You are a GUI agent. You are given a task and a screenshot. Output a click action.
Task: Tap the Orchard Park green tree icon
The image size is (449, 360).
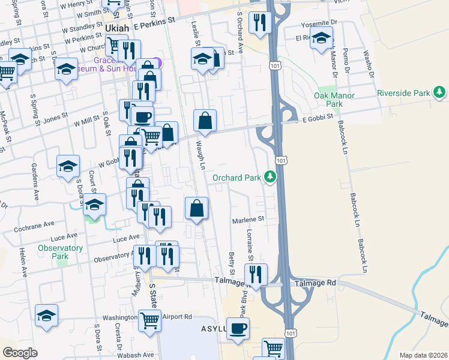271,177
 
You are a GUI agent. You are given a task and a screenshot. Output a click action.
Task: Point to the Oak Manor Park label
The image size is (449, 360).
335,100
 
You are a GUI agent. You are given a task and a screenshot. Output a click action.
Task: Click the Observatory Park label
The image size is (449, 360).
60,252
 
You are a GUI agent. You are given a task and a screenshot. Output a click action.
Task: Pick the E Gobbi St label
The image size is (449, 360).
300,120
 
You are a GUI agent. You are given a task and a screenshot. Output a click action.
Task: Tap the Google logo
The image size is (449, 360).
20,353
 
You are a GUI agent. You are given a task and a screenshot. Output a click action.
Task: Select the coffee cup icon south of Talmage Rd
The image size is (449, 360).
238,328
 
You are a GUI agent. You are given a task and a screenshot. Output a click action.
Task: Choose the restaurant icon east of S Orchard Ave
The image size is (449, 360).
261,23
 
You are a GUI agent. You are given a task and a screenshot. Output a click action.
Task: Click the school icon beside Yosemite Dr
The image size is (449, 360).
322,39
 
